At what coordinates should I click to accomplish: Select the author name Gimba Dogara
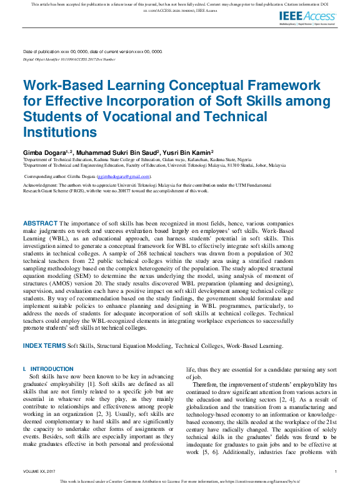coord(46,152)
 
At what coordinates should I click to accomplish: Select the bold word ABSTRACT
coord(40,223)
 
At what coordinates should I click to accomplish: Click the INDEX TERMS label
coord(44,345)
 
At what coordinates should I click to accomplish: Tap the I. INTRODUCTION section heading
coord(47,369)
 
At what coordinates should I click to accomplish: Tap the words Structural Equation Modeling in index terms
coord(134,345)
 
